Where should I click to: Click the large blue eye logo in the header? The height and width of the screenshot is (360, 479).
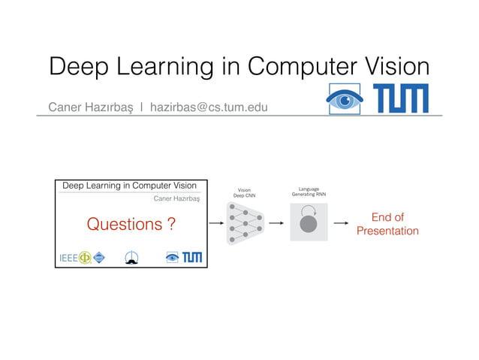point(345,98)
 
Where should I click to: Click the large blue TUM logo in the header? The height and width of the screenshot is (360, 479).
point(400,98)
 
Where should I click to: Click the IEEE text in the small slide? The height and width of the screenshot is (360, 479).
point(68,259)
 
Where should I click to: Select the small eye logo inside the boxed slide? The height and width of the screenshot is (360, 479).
point(173,258)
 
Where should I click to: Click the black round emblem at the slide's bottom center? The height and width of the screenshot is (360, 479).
point(131,258)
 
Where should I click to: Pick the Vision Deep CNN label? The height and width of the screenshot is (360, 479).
point(244,193)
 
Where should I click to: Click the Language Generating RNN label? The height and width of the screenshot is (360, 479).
point(309,192)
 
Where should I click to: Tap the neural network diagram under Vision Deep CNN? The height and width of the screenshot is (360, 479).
point(245,223)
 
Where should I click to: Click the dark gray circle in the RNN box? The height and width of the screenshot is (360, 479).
point(309,224)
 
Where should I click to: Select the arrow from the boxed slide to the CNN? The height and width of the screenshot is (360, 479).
point(216,223)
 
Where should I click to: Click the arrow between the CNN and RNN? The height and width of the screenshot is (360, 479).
point(275,223)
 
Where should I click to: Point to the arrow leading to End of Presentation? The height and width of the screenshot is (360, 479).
point(341,223)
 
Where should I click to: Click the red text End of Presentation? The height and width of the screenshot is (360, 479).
point(387,224)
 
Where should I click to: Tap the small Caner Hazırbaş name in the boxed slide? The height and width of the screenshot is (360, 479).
point(176,199)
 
